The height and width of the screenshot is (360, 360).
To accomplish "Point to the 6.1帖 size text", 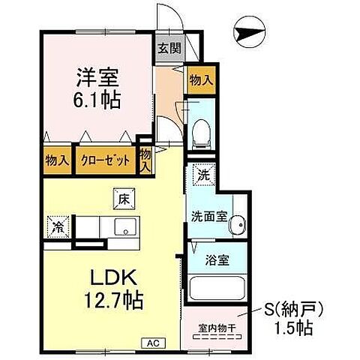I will [97, 99].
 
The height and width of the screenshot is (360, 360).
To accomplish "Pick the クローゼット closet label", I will [105, 159].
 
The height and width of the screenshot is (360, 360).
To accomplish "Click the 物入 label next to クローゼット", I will [57, 159].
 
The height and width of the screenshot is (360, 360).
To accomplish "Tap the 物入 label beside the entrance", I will [199, 78].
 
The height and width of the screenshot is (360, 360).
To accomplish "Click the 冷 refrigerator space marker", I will [58, 223].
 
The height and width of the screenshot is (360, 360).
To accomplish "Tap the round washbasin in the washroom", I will [238, 223].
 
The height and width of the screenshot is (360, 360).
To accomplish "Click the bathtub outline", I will [214, 289].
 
